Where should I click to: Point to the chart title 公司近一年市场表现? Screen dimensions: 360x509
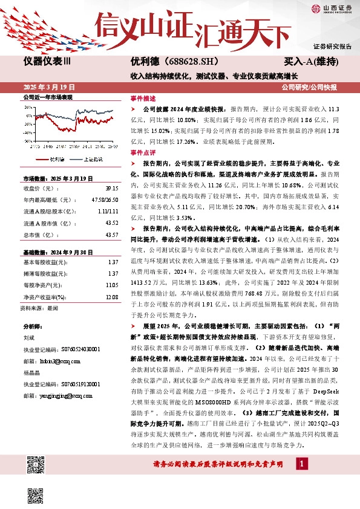[48, 97]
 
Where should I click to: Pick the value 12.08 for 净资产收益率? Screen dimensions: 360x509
[111, 297]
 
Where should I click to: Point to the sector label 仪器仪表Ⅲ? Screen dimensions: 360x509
[47, 62]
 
